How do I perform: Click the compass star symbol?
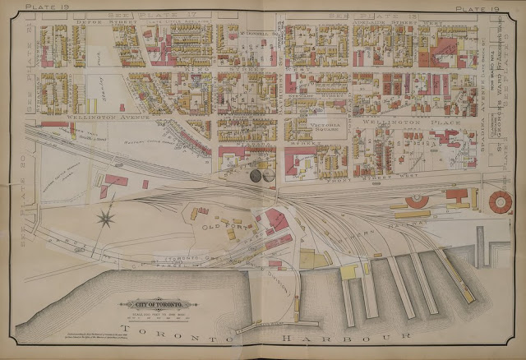coord(105,218)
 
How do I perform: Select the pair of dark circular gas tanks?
coord(261,175)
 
